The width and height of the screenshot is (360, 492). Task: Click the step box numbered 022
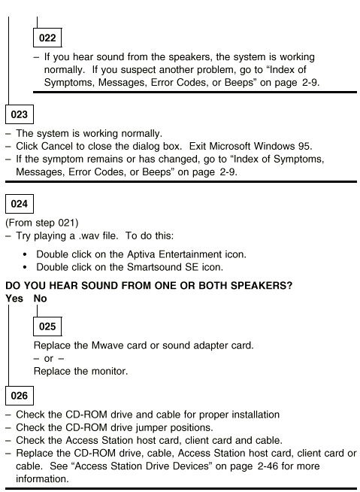pos(47,38)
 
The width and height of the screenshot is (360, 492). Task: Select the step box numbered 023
pos(20,114)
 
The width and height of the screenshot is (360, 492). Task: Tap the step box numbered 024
pos(20,204)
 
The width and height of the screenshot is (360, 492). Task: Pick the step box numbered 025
pos(47,326)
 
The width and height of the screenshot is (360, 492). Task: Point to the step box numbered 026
pos(20,396)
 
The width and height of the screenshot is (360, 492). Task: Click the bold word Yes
pos(14,299)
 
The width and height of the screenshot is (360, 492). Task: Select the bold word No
pos(40,299)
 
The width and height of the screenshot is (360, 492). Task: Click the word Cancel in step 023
pos(57,146)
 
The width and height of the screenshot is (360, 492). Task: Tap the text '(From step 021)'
pos(42,223)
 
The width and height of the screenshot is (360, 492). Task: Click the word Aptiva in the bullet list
pos(141,254)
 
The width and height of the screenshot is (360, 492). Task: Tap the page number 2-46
pos(268,466)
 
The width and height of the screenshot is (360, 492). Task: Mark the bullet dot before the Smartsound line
pos(25,268)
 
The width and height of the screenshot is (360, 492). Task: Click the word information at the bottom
pos(42,478)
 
